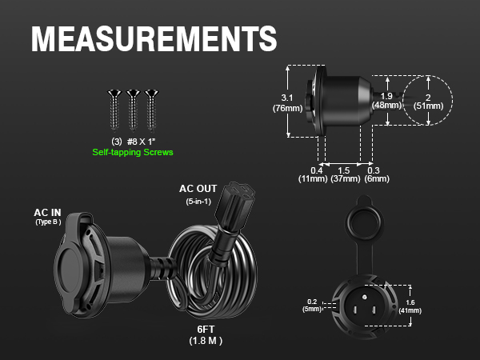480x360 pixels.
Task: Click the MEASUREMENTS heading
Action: pos(154,38)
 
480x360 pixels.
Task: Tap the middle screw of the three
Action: pos(133,110)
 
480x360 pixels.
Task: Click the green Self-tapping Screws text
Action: pos(133,152)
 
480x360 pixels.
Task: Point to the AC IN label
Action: pos(47,213)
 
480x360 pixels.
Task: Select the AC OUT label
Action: pos(198,189)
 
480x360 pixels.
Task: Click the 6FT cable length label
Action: pos(206,330)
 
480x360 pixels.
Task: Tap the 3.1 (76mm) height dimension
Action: pos(287,103)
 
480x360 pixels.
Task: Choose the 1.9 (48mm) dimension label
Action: pos(386,101)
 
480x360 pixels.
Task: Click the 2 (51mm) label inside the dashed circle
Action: pos(428,102)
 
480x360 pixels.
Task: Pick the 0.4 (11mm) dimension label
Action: pos(313,174)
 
